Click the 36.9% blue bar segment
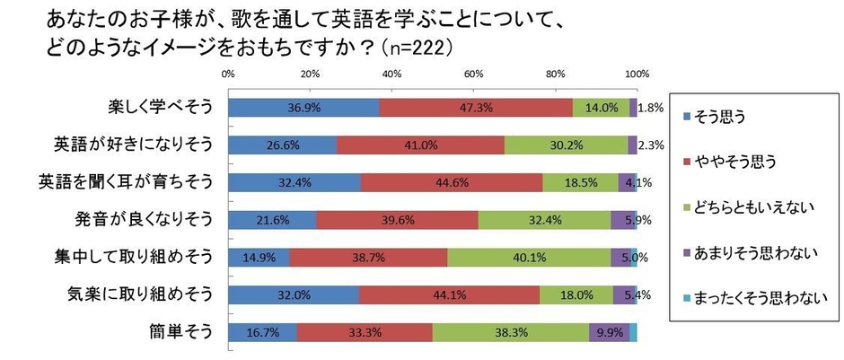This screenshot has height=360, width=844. tap(303, 108)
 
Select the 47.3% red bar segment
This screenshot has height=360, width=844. tap(476, 108)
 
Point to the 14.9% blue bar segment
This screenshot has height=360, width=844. tap(259, 258)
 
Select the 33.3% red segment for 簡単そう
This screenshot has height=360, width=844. tap(365, 332)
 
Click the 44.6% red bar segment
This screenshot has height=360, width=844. tap(452, 183)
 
